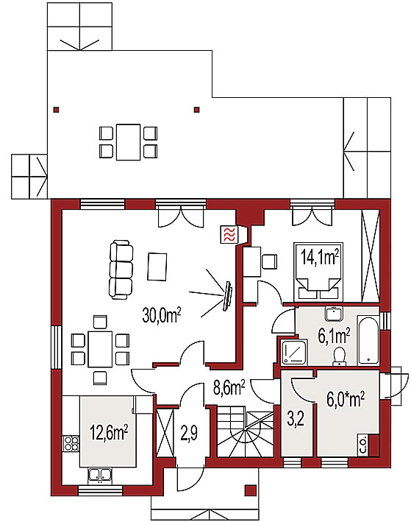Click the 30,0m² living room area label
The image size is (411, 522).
pos(162,314)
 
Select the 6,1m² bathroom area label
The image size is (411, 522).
pos(334,336)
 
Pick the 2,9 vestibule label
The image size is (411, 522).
pos(190,434)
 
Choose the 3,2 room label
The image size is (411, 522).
pos(296,420)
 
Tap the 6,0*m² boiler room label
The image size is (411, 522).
pos(346,399)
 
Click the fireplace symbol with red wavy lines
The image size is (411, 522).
pos(229,235)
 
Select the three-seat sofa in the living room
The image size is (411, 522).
pos(121,269)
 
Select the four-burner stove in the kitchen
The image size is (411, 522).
pos(71,443)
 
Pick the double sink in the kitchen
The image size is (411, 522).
pos(100,476)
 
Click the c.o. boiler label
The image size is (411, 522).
pos(363,445)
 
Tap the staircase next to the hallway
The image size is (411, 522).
pos(245,431)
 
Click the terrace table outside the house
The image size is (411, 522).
pos(128,142)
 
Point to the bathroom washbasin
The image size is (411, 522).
pos(334,314)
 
